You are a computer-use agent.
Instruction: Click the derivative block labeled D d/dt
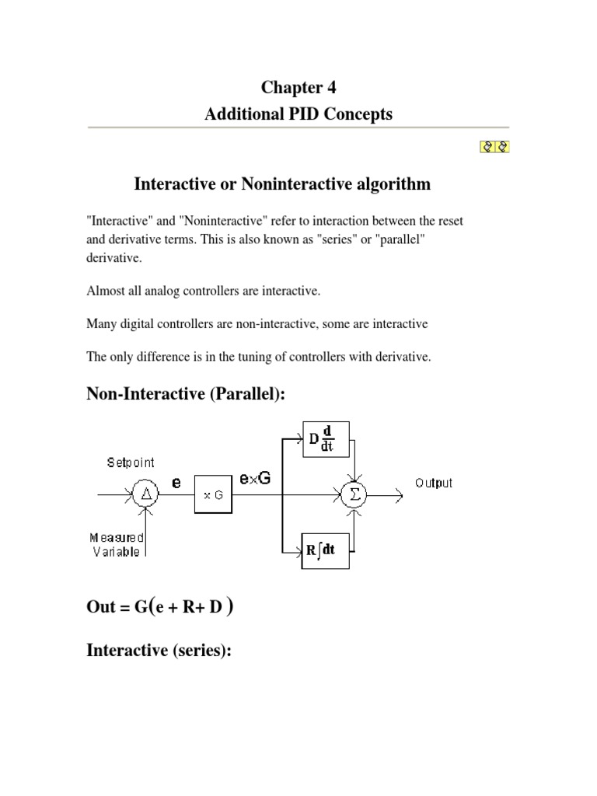[325, 440]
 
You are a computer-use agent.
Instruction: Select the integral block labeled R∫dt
[325, 551]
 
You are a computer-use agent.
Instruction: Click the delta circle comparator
[145, 494]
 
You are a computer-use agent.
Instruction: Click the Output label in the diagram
[433, 483]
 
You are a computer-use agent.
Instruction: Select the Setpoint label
[131, 463]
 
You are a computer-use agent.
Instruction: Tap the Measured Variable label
[117, 544]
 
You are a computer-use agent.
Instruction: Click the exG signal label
[255, 479]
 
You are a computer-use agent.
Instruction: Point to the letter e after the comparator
[176, 482]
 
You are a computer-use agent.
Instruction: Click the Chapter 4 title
[298, 88]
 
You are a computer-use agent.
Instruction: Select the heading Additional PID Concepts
[298, 114]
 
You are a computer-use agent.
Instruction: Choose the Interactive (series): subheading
[159, 650]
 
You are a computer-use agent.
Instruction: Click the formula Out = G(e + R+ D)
[160, 607]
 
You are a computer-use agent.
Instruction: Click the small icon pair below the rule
[494, 145]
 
